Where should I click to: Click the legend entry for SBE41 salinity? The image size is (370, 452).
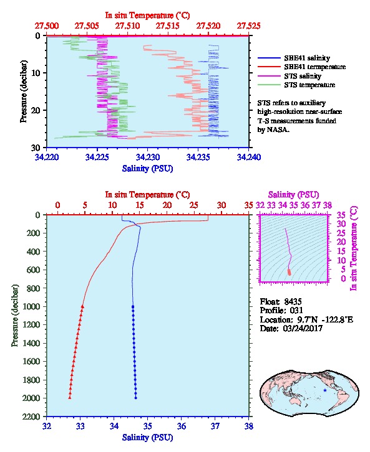pos(307,58)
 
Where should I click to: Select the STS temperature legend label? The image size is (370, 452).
pos(309,85)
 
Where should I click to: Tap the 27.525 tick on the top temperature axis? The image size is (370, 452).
pos(249,26)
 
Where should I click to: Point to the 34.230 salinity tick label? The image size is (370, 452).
pos(148,157)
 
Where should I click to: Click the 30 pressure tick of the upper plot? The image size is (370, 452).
pos(36,148)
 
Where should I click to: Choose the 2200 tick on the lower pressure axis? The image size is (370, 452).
pos(31,417)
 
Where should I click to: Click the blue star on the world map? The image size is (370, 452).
pos(325,390)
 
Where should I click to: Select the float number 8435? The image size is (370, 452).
pos(293,301)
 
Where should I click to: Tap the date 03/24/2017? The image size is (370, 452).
pos(303,328)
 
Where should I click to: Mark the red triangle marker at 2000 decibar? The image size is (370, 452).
pos(70,398)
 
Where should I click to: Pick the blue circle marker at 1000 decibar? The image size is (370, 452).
pos(133,307)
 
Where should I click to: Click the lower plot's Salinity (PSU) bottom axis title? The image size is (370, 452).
pos(148,438)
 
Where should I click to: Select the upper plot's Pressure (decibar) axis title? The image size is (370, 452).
pos(24,92)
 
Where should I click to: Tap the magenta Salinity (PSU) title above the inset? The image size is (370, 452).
pos(293,195)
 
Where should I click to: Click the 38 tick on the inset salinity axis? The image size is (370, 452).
pos(328,205)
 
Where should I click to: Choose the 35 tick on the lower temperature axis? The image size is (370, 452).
pos(249,205)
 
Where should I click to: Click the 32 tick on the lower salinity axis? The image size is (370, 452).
pos(47,426)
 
